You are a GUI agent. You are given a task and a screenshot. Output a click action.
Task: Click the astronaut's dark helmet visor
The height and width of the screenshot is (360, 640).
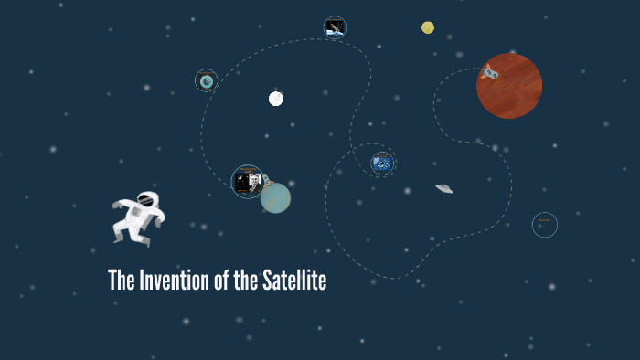pyautogui.click(x=146, y=198)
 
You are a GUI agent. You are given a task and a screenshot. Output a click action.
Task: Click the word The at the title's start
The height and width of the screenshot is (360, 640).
pyautogui.click(x=120, y=281)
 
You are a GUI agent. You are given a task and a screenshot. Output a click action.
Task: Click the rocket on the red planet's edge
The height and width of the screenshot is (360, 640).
pyautogui.click(x=489, y=70)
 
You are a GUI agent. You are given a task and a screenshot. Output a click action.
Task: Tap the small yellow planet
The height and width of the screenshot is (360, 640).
pyautogui.click(x=428, y=27)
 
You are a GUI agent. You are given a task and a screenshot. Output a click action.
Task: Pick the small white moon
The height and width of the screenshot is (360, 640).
pyautogui.click(x=276, y=99)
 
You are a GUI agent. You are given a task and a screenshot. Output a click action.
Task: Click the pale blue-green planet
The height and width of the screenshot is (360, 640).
pyautogui.click(x=276, y=198)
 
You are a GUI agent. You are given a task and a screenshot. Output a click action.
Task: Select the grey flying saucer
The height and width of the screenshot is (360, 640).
pyautogui.click(x=444, y=188)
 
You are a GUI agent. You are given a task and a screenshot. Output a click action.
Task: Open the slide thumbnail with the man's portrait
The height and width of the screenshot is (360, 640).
pyautogui.click(x=247, y=181)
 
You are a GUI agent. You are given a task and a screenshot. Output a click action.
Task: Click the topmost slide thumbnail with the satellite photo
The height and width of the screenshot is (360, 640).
pyautogui.click(x=335, y=27)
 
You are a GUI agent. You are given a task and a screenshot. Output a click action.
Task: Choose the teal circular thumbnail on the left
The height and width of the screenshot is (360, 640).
pyautogui.click(x=207, y=81)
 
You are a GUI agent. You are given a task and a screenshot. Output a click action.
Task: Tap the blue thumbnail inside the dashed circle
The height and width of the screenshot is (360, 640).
pyautogui.click(x=382, y=164)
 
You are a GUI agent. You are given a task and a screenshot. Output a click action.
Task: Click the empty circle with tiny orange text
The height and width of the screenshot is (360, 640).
pyautogui.click(x=545, y=224)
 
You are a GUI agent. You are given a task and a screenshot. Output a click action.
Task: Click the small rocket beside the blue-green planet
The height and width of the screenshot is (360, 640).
pyautogui.click(x=267, y=183)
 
